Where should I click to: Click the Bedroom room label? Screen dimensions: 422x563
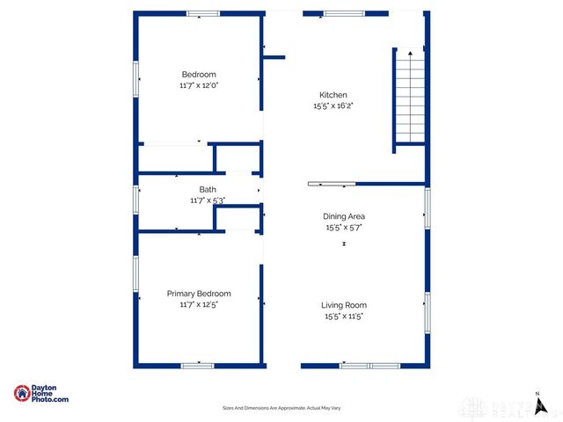pyautogui.click(x=199, y=75)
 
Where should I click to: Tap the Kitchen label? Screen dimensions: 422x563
pyautogui.click(x=333, y=95)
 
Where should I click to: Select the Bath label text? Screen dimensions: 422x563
pyautogui.click(x=208, y=190)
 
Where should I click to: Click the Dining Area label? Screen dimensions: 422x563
pyautogui.click(x=344, y=216)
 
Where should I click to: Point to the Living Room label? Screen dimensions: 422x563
pyautogui.click(x=344, y=305)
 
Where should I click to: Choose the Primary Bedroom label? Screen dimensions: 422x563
pyautogui.click(x=199, y=294)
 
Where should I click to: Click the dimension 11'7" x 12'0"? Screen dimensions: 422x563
pyautogui.click(x=199, y=85)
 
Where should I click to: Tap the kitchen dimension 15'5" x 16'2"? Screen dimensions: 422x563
pyautogui.click(x=333, y=105)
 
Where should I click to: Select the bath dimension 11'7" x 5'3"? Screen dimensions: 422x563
pyautogui.click(x=208, y=200)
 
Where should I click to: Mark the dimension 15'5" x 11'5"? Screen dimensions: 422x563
pyautogui.click(x=344, y=316)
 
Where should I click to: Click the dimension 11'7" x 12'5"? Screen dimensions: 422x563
pyautogui.click(x=199, y=304)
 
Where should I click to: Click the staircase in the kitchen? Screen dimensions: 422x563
pyautogui.click(x=408, y=97)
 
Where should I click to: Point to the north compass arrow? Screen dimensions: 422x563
pyautogui.click(x=537, y=404)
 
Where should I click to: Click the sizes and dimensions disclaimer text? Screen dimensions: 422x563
pyautogui.click(x=281, y=409)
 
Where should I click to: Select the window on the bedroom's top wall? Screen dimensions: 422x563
pyautogui.click(x=203, y=13)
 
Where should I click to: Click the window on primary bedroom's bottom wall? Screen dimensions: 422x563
pyautogui.click(x=197, y=365)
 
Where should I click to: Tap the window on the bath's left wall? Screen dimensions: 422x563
pyautogui.click(x=136, y=199)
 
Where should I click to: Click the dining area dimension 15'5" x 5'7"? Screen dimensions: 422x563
pyautogui.click(x=344, y=227)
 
